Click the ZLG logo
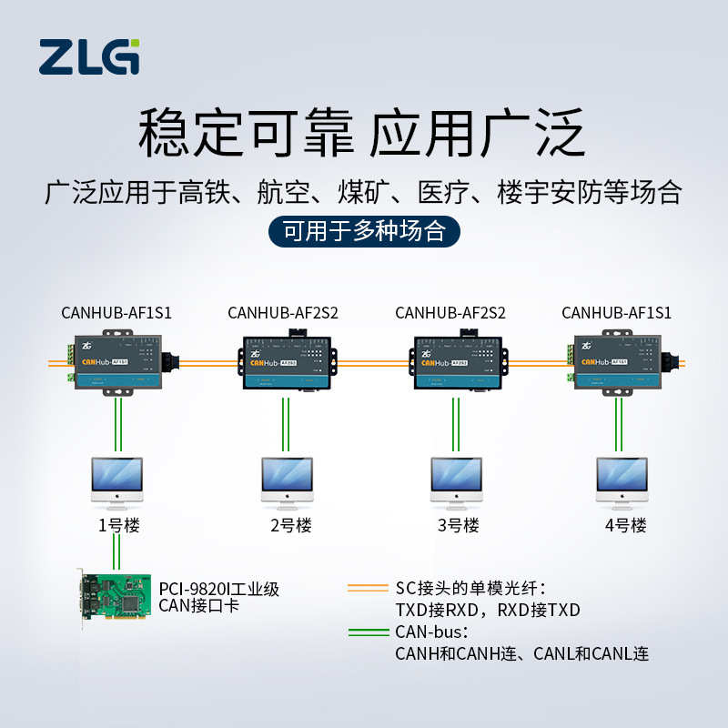tap(89, 56)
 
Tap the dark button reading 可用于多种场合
tap(364, 231)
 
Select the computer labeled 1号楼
tap(117, 480)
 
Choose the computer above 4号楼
tap(622, 480)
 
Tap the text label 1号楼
tap(117, 526)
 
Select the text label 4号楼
tap(625, 526)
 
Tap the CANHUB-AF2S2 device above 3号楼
tap(457, 362)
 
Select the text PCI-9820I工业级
tap(218, 589)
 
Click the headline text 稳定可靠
tap(244, 134)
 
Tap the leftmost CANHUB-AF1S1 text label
tap(116, 313)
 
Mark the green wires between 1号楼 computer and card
tap(116, 549)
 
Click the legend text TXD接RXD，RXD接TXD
tap(487, 610)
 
